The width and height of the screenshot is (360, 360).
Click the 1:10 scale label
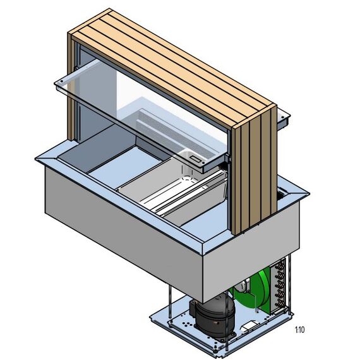coord(299,330)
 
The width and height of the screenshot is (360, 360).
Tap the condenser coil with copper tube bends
coord(279,286)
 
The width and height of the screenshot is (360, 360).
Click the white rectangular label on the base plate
coord(248,325)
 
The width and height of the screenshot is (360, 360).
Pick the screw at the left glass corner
coord(61,81)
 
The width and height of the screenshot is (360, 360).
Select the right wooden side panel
coord(254,169)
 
